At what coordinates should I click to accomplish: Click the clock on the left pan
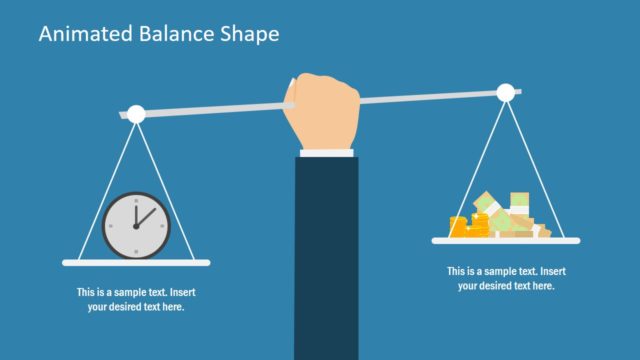pos(137,222)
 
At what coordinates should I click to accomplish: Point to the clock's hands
pos(141,218)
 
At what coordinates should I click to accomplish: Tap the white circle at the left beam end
pos(136,114)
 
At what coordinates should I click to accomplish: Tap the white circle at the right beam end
pos(505,93)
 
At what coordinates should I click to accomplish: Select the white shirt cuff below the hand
pos(326,153)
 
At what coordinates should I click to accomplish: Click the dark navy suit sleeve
pos(326,250)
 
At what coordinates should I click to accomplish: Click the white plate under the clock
pos(137,263)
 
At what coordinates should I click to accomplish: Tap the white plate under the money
pos(505,240)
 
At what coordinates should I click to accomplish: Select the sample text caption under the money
pos(506,278)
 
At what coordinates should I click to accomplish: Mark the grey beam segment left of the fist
pos(210,108)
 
